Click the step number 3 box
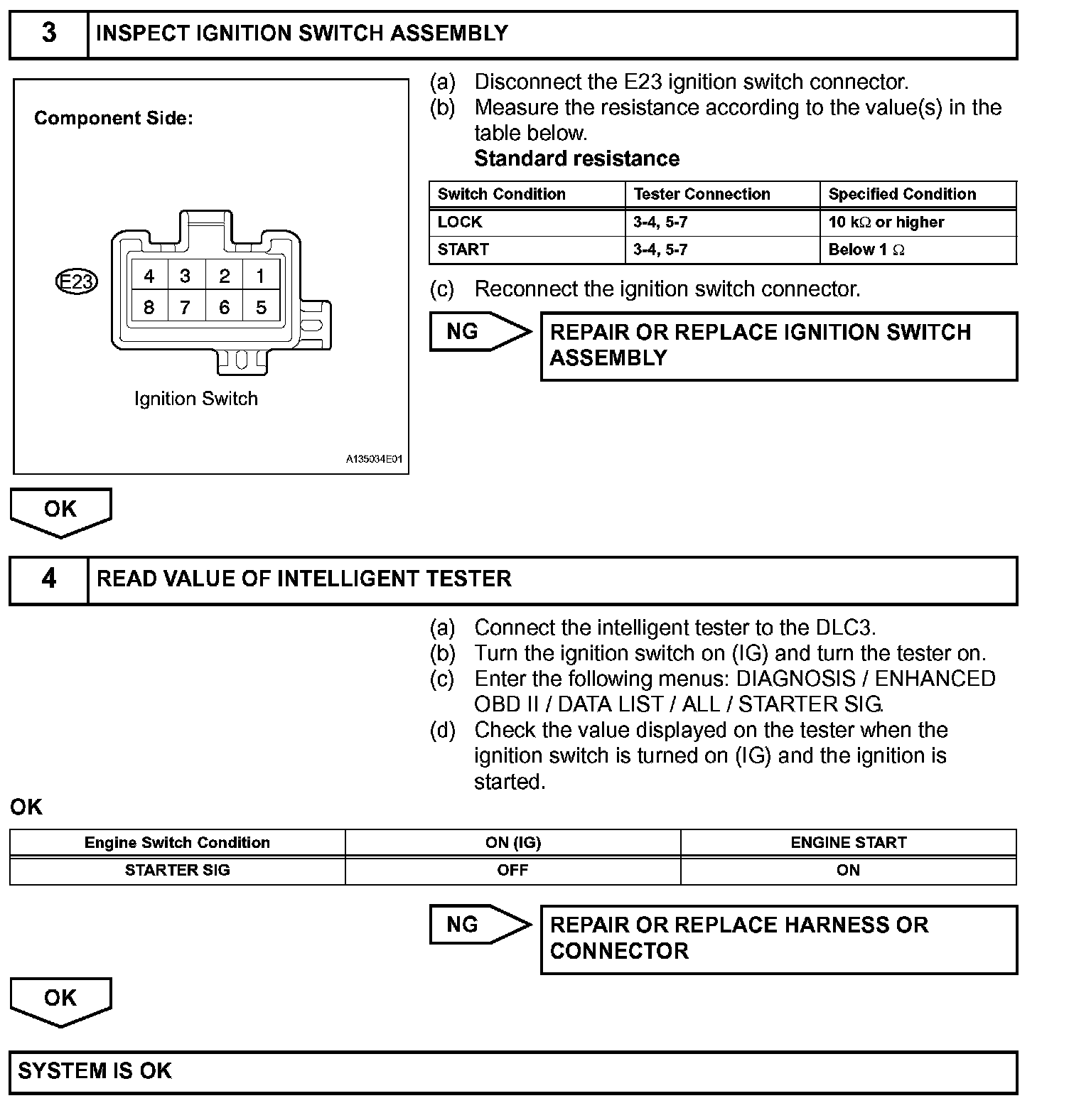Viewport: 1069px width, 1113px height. pos(48,33)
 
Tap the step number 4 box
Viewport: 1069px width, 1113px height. pos(48,579)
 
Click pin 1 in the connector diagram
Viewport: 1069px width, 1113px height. pos(261,276)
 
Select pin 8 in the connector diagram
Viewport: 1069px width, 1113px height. pos(149,307)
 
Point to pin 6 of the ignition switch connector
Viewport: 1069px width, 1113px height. pos(224,307)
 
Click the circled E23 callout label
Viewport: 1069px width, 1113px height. pos(76,282)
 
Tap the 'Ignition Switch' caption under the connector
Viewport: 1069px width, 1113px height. pos(196,399)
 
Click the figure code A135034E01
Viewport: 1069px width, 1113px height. pos(374,460)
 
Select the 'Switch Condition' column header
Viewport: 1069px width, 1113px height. pos(501,195)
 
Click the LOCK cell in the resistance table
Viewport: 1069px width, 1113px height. pos(460,222)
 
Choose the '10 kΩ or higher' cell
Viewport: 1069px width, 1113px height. pos(886,222)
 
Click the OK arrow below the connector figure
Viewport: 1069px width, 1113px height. pos(60,510)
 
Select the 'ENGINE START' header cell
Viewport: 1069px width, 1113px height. pos(848,843)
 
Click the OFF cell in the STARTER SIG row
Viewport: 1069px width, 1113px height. pos(512,871)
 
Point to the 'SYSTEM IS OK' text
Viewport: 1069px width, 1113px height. pos(95,1071)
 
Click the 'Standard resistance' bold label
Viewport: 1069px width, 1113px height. pos(576,158)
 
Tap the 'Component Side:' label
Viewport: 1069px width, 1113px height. pos(114,119)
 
